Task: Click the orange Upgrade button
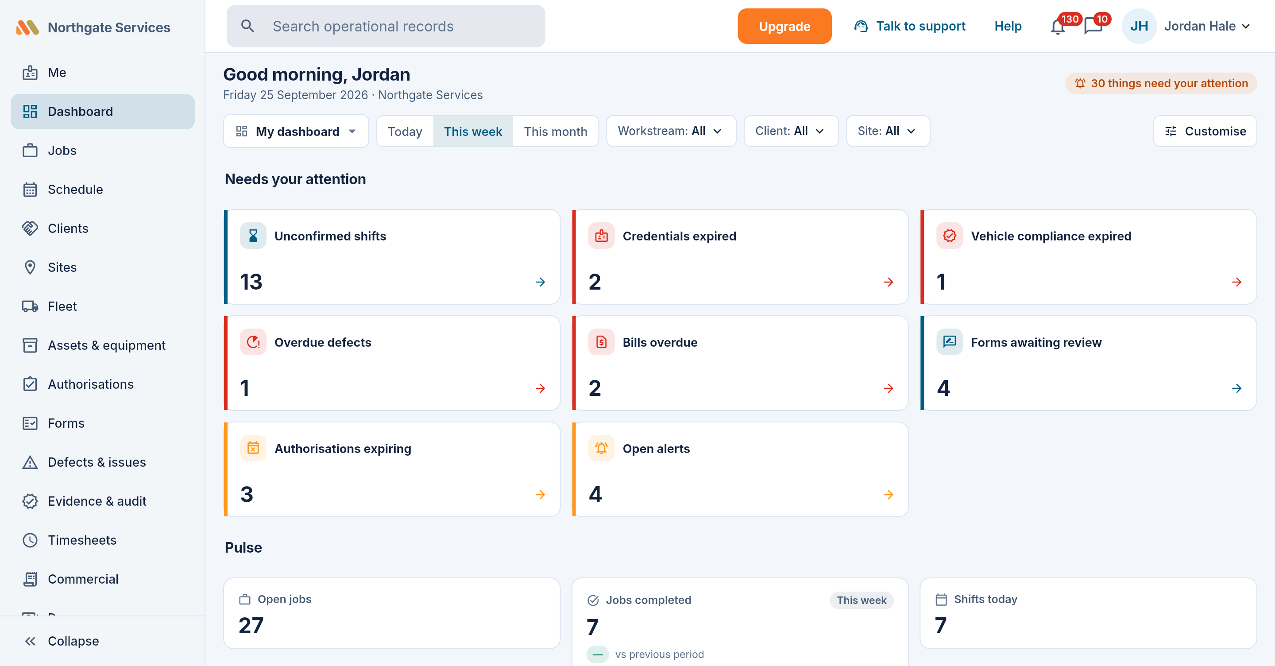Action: [x=784, y=26]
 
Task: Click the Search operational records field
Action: [x=386, y=26]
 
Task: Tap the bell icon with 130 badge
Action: [x=1058, y=27]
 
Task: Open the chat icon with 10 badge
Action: [x=1093, y=27]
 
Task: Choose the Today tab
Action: [x=405, y=131]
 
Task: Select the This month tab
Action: [x=555, y=131]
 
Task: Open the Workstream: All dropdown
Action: [x=671, y=131]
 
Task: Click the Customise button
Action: [x=1205, y=131]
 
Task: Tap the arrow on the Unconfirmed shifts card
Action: [x=540, y=282]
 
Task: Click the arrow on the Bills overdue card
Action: [x=889, y=388]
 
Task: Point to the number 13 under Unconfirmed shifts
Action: [x=251, y=282]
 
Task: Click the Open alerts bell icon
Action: [x=601, y=448]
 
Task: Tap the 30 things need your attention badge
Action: [x=1161, y=83]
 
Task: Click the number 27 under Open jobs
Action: [x=251, y=625]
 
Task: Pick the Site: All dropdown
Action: [x=888, y=131]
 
